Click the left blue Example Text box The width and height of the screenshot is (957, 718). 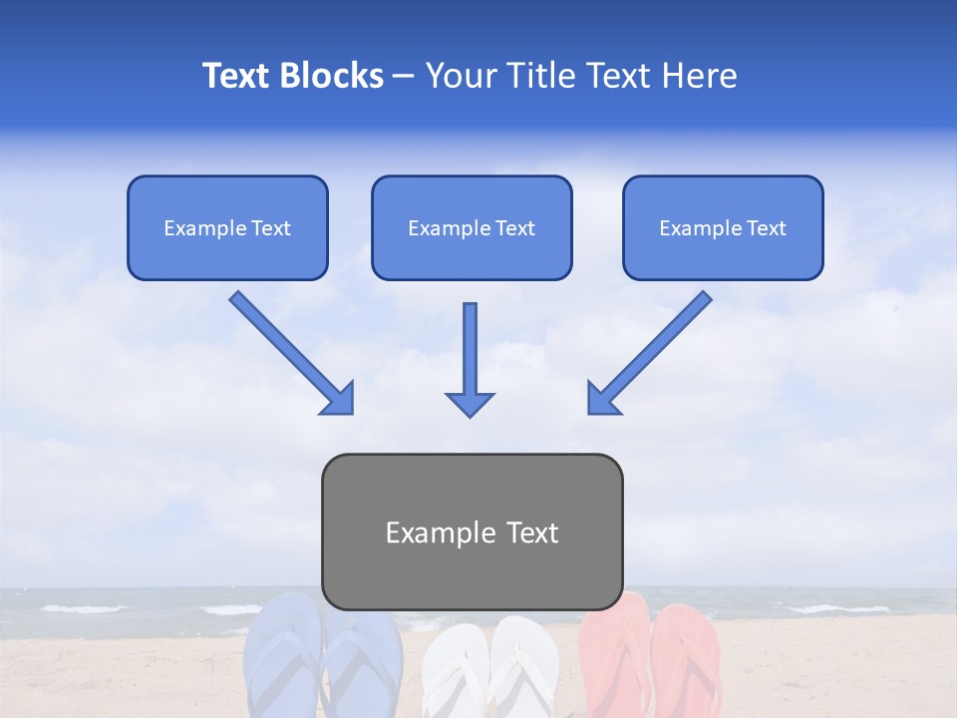227,227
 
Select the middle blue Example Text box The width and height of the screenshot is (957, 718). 472,227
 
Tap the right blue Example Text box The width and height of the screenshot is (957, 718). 723,227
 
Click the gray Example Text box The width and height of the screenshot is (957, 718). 472,532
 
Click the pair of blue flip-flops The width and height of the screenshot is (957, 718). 321,658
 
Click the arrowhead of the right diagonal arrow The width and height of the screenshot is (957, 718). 602,398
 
